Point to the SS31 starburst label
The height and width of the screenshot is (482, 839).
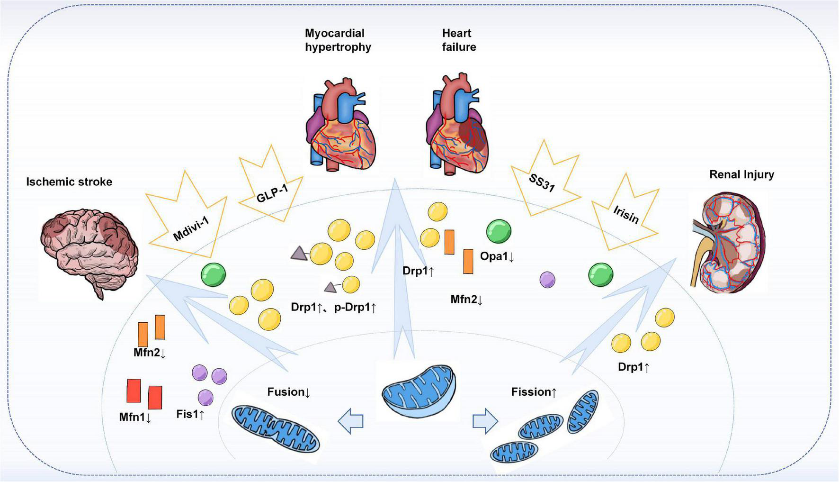pyautogui.click(x=542, y=182)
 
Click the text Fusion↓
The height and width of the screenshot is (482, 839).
pyautogui.click(x=288, y=392)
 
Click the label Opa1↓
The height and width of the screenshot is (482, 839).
pyautogui.click(x=497, y=256)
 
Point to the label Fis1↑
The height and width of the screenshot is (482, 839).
pyautogui.click(x=190, y=414)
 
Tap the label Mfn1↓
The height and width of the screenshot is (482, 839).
pyautogui.click(x=135, y=417)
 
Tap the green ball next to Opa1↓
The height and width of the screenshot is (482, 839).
pyautogui.click(x=499, y=232)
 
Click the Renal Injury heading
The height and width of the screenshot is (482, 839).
pyautogui.click(x=741, y=174)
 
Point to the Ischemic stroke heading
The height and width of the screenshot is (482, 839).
pyautogui.click(x=69, y=182)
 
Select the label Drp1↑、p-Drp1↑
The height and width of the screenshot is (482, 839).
pyautogui.click(x=333, y=307)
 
